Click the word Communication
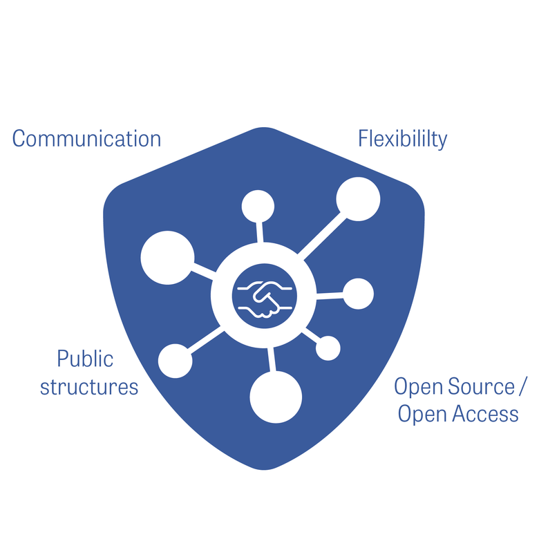point(86,139)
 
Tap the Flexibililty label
point(402,139)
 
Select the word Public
point(85,359)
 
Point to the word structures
point(89,387)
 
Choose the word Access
point(486,414)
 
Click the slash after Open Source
point(529,386)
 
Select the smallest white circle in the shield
point(328,348)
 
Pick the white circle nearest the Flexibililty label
point(358,199)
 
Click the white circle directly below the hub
point(276,397)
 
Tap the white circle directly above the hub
point(258,206)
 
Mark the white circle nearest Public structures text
point(176,361)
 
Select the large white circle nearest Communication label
point(167,256)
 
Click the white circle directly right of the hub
point(358,294)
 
